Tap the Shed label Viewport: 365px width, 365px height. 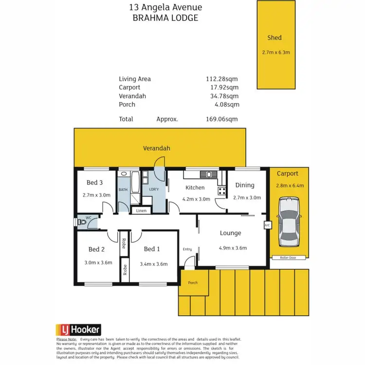point(274,37)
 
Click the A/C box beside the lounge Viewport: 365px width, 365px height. point(267,225)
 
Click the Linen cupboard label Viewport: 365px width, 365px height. point(141,211)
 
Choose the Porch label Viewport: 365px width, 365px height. point(193,282)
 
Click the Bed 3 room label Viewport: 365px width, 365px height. point(94,183)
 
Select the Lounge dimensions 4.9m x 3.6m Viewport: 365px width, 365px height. point(233,248)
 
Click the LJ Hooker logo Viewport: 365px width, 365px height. point(78,329)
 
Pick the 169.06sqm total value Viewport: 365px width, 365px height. point(221,119)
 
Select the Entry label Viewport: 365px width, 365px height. point(187,249)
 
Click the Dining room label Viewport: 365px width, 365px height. point(244,185)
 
